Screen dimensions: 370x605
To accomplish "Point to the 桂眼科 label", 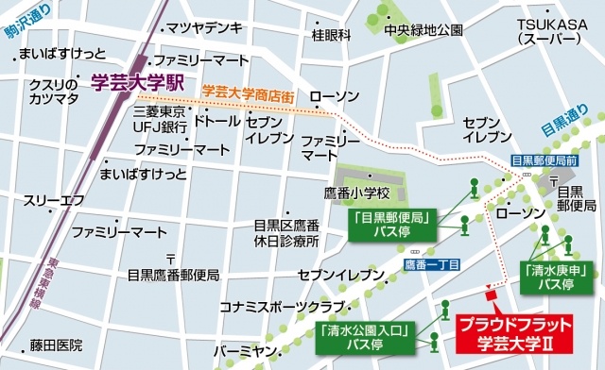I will (331, 35).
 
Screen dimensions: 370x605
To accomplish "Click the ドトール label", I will (216, 122).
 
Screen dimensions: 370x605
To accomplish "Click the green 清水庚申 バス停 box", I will (549, 276).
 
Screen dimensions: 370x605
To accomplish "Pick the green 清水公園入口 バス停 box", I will (363, 337).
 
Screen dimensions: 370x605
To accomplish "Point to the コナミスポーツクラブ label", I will (280, 307).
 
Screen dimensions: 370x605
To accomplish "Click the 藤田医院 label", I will (56, 345).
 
